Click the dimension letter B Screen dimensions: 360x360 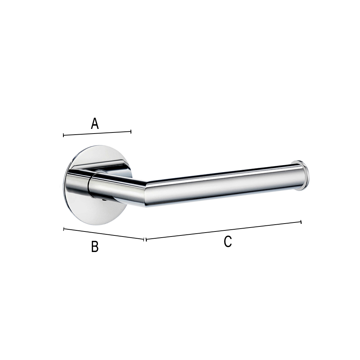(95, 246)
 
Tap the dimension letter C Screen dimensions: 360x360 (228, 241)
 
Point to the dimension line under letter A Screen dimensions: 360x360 (97, 134)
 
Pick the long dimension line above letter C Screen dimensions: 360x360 (224, 230)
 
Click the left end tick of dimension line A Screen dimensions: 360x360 (63, 135)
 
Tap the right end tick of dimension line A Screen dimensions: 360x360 (131, 131)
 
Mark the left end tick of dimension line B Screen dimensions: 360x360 (64, 229)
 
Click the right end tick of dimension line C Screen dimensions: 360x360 (301, 222)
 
